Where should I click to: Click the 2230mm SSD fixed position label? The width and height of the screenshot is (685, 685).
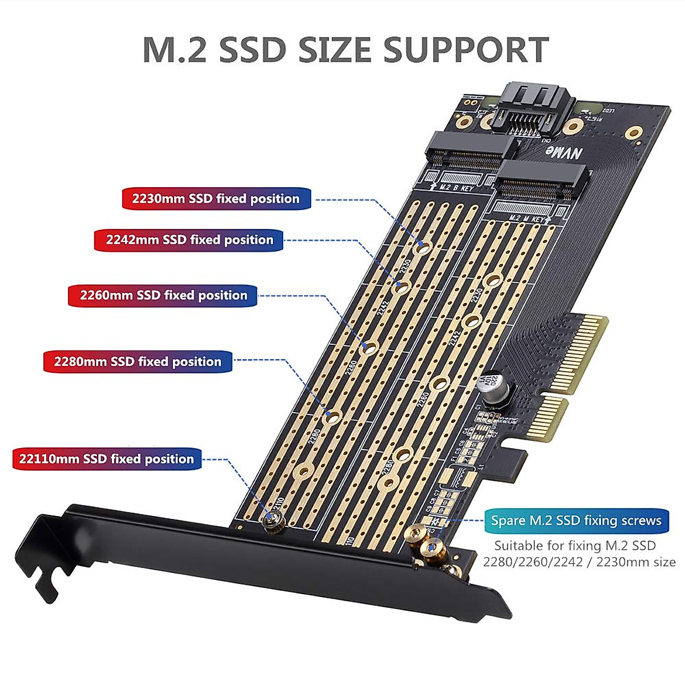[x=216, y=199]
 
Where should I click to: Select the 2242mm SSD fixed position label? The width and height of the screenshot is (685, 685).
[x=189, y=240]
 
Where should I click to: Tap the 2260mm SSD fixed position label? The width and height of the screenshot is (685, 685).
[x=163, y=295]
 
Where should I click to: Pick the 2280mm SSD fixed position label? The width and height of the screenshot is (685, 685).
[x=138, y=361]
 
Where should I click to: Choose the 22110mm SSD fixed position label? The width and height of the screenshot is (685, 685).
[x=107, y=459]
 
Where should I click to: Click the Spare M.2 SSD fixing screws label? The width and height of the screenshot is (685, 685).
[x=576, y=520]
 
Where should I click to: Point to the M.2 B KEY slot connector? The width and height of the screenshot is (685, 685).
[x=468, y=150]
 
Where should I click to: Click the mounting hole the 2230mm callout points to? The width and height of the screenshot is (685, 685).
[x=423, y=247]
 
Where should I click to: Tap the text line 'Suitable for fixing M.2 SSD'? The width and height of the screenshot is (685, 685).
[x=575, y=545]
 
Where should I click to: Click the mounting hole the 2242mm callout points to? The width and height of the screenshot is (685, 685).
[x=402, y=288]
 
